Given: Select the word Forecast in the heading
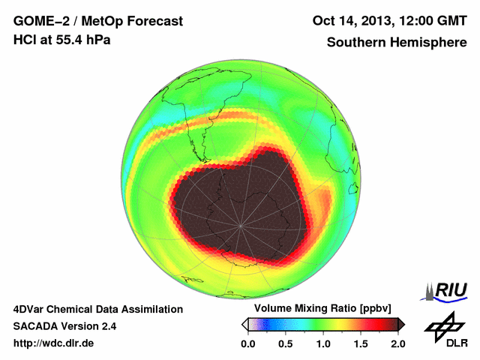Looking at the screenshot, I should coord(153,21).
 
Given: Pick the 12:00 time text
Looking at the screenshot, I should coord(420,21).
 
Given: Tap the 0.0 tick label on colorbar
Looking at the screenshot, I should coord(248,343).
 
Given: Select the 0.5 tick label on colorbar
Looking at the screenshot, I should coord(286,343).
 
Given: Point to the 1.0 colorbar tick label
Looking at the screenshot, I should coord(323,343).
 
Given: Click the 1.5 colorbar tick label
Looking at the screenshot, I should coord(361,343).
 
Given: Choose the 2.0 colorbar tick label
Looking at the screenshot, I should coord(397,343).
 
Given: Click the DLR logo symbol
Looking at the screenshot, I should coord(442,325).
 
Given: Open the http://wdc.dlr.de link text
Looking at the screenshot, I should coord(54,343).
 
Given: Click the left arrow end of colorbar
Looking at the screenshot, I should coord(244,324).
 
